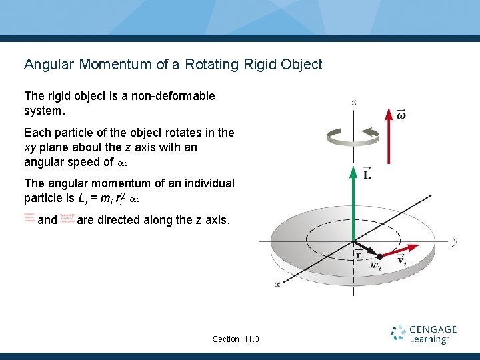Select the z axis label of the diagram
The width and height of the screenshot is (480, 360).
(353, 102)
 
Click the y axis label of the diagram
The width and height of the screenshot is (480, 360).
(454, 241)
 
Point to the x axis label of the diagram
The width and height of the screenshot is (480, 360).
(277, 284)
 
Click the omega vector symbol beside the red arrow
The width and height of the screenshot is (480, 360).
(401, 114)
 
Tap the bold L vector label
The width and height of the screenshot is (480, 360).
(367, 174)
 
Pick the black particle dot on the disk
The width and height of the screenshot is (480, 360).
(379, 256)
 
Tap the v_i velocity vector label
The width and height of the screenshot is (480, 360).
(402, 259)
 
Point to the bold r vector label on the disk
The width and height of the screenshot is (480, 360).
(358, 253)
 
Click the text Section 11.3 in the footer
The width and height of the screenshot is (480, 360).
(235, 339)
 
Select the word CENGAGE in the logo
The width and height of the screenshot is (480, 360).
(433, 330)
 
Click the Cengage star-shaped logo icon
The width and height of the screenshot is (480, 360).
(398, 333)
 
